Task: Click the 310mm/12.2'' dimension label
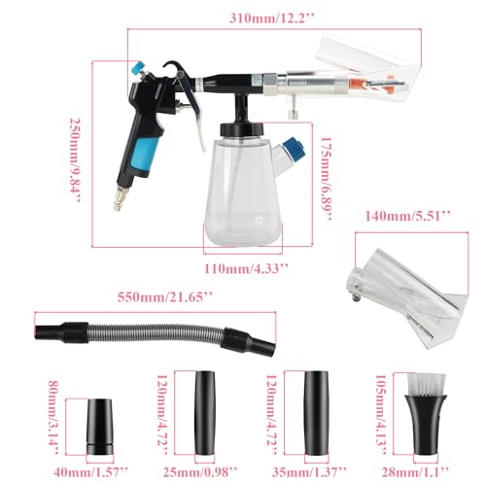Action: pos(272,18)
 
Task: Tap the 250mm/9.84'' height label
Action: pos(75,160)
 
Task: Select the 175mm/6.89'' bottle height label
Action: pos(327,179)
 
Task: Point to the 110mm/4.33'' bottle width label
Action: pos(246,268)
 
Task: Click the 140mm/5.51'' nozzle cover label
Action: pos(408,216)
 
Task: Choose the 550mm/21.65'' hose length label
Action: pos(165,296)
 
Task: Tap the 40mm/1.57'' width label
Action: pos(91,471)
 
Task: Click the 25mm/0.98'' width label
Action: pos(200,471)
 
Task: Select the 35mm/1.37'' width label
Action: pos(309,471)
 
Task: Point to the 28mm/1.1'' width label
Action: pos(416,471)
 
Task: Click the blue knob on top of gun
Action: pos(138,67)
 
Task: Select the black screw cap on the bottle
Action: pos(242,129)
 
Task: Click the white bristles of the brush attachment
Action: pos(426,384)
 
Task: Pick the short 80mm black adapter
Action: pos(100,427)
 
